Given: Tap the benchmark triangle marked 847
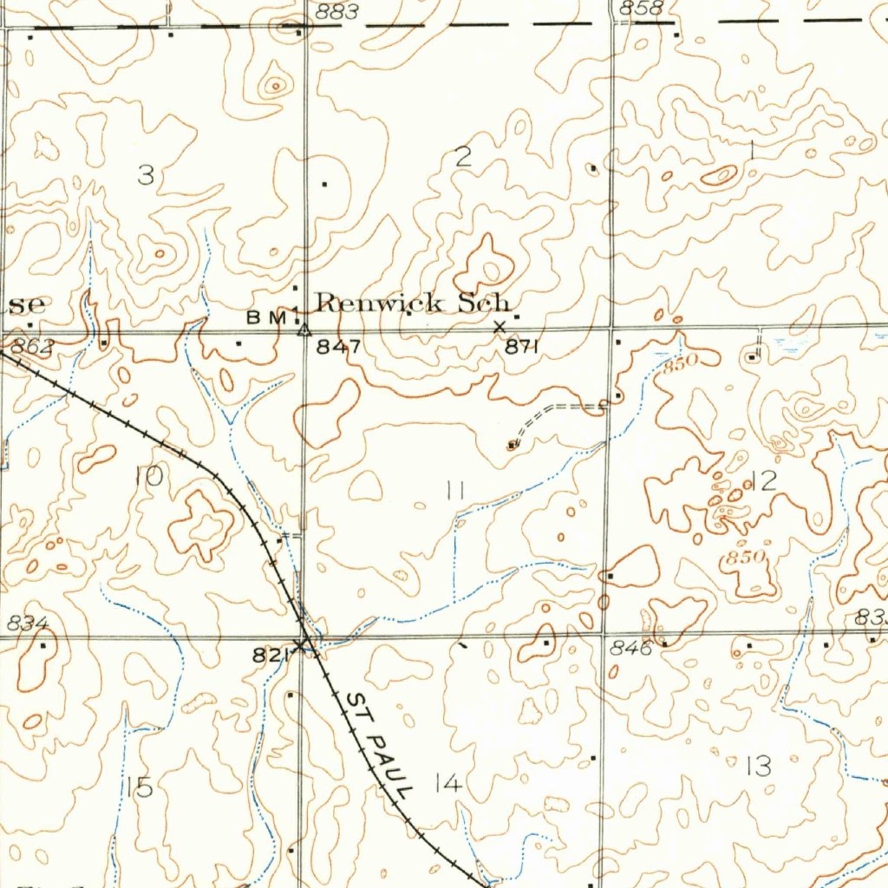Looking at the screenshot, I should [x=304, y=330].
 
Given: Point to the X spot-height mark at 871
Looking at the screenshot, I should [x=499, y=327].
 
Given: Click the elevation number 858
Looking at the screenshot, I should [x=642, y=9].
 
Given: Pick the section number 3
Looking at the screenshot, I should [x=146, y=176].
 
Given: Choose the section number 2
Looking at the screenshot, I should [x=463, y=157].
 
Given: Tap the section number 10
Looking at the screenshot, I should [x=148, y=475].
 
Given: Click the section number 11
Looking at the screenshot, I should [x=455, y=491].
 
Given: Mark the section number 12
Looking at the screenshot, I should [x=764, y=481].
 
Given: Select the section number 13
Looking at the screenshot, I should [x=758, y=766].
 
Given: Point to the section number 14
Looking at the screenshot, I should [x=448, y=785].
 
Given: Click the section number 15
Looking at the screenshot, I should [x=139, y=787].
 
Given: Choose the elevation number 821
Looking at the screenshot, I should [x=271, y=656].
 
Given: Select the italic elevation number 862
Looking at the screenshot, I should [x=33, y=347].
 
